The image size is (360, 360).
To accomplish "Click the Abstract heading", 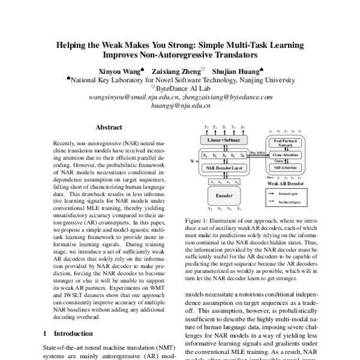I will (109, 127).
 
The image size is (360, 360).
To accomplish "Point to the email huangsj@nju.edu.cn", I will (179, 105).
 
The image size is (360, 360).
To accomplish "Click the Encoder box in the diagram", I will (223, 196).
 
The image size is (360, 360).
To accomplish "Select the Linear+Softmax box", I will (223, 140).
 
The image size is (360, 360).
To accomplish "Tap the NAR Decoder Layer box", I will (223, 168).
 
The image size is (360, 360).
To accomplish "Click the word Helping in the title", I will (73, 45).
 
